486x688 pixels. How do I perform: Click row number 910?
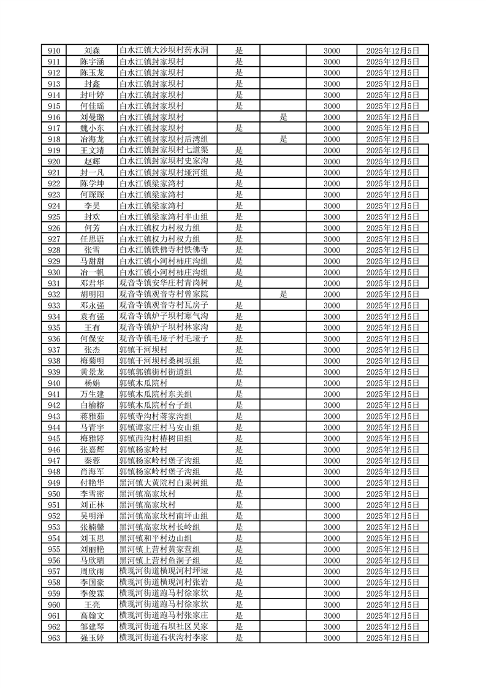click(54, 50)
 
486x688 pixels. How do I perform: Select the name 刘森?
click(92, 50)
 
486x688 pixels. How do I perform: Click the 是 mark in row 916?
click(284, 117)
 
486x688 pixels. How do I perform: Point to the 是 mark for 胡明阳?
click(284, 294)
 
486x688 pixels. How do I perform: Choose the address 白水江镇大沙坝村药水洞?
click(164, 50)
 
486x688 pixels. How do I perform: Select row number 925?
click(54, 216)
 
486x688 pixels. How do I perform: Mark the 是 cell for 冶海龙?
click(284, 139)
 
